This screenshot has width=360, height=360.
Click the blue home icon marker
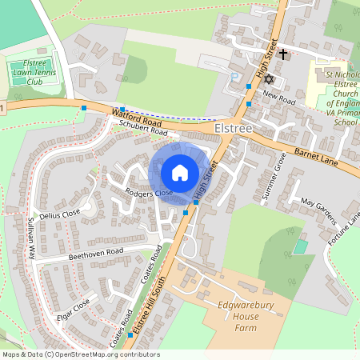coord(180,172)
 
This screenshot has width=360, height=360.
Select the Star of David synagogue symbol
coord(268,81)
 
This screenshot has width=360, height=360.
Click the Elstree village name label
coord(234,128)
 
